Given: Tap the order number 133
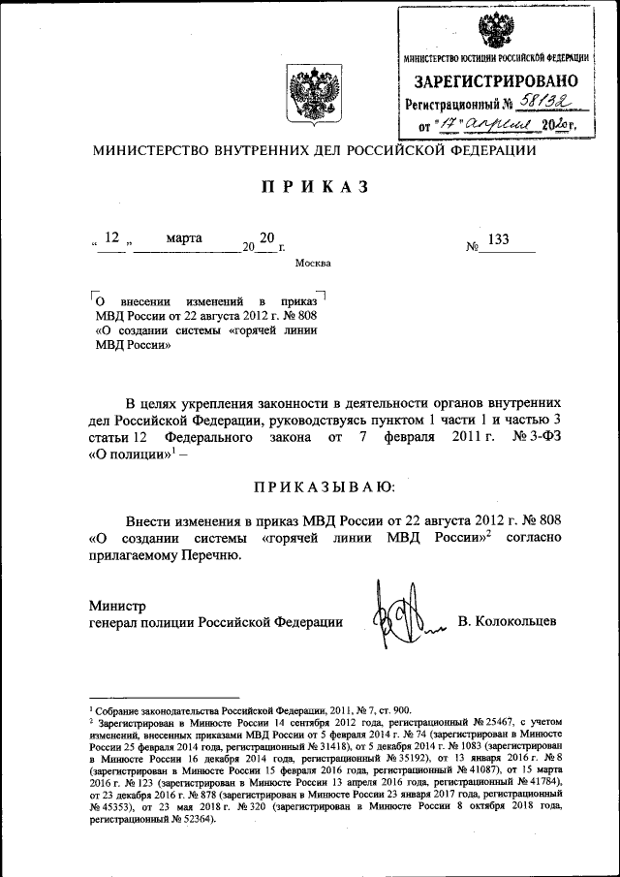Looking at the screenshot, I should pyautogui.click(x=500, y=240).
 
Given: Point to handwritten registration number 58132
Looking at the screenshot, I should pyautogui.click(x=548, y=102).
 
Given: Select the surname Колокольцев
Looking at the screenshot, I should pyautogui.click(x=507, y=620).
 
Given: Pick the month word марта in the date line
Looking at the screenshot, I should pyautogui.click(x=184, y=237).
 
